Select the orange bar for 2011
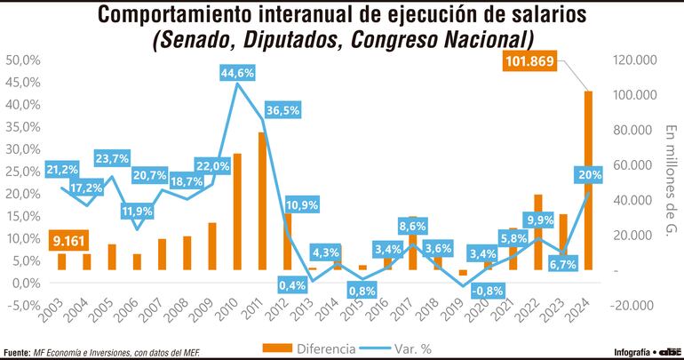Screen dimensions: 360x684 coord(263,201)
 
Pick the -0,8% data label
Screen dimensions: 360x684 coord(488,289)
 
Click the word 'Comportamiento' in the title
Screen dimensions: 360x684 coord(169,15)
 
